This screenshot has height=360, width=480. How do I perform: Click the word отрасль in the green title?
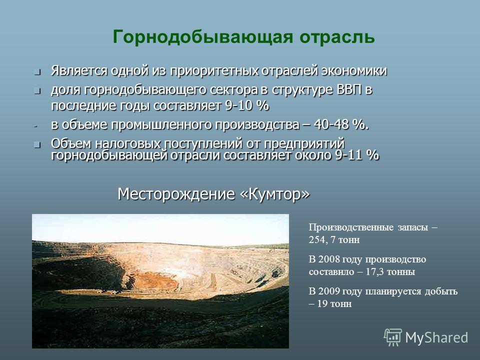coord(337,37)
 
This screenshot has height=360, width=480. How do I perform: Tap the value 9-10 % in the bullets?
coord(247,106)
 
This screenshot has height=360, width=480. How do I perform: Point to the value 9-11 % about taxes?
coord(357,155)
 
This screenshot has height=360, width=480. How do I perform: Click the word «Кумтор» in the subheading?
coord(275,194)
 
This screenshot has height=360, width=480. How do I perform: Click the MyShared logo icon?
coord(393,337)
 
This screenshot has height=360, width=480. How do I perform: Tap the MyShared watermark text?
coord(436,338)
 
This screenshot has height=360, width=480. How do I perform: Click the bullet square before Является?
coord(37,72)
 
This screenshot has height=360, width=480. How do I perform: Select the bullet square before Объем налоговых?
coord(37,145)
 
